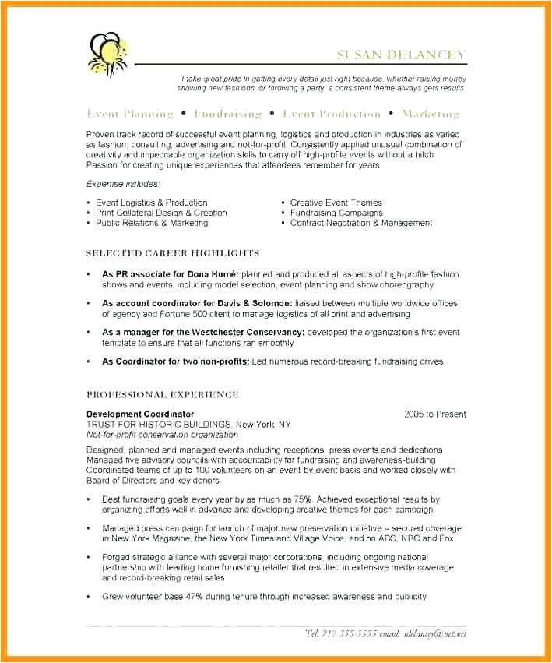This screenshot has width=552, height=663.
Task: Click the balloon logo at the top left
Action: (x=107, y=54)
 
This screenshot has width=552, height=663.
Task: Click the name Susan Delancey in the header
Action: (x=401, y=55)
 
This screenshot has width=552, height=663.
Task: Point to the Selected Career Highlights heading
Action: (x=172, y=253)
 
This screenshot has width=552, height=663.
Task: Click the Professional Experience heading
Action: (x=162, y=395)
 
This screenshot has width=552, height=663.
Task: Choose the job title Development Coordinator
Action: (x=140, y=414)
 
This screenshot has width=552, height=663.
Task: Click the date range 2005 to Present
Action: (x=434, y=414)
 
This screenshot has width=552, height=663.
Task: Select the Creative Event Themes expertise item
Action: (x=336, y=203)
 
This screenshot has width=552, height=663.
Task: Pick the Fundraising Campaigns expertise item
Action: (x=336, y=213)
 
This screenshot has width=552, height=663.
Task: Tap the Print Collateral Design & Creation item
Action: (x=161, y=213)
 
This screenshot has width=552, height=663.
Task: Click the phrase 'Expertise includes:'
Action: (x=123, y=184)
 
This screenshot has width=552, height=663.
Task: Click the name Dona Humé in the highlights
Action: (x=214, y=274)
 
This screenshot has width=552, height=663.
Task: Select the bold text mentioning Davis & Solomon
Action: (x=197, y=303)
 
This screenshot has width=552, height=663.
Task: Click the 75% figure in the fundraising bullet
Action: (x=302, y=499)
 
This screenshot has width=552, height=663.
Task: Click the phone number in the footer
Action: (x=340, y=633)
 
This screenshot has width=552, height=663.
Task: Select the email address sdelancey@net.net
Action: (x=435, y=633)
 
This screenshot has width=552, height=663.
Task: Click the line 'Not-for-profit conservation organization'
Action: (x=162, y=435)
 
